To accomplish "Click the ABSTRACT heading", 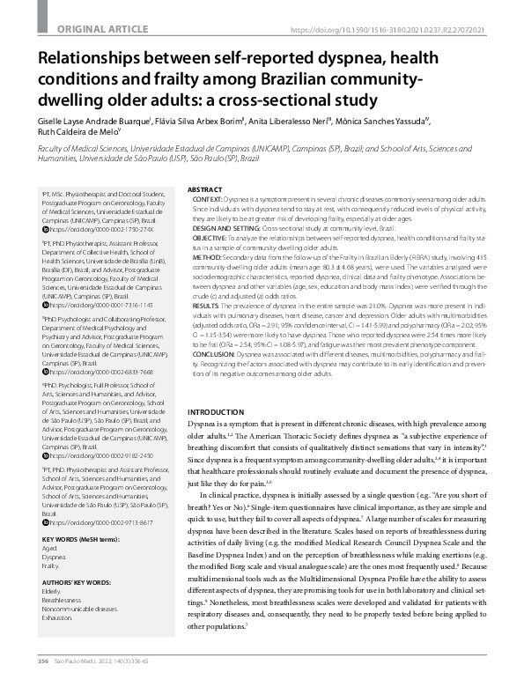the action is pos(206,189).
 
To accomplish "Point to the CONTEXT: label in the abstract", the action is pos(208,202).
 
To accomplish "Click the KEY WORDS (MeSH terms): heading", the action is pos(81,538).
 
